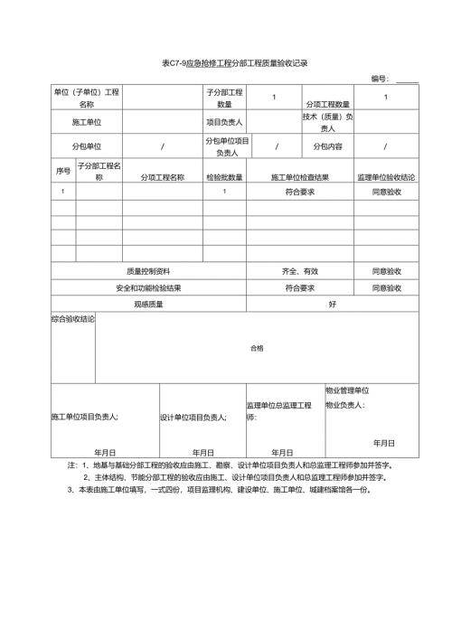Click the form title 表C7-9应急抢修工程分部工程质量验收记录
click(234, 63)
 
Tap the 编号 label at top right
click(381, 80)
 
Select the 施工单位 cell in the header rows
click(87, 121)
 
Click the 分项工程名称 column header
click(163, 176)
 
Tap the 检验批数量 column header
click(224, 176)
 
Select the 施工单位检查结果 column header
click(299, 176)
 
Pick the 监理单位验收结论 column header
click(386, 176)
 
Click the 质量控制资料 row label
click(148, 270)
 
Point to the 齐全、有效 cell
click(300, 270)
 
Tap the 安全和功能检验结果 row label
click(148, 287)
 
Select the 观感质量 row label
click(148, 304)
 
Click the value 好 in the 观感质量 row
click(333, 304)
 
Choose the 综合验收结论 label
click(73, 319)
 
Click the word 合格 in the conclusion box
click(257, 348)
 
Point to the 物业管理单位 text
click(347, 390)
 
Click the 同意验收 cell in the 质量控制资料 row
click(386, 270)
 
